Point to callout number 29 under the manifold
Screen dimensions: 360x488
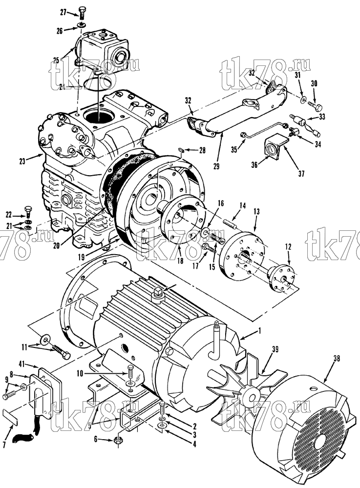[x=216, y=166]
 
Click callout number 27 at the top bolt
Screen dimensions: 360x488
[x=64, y=13]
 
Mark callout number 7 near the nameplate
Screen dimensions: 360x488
[x=4, y=446]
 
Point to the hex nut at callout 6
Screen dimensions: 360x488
[x=119, y=440]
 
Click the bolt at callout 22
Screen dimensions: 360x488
[x=28, y=212]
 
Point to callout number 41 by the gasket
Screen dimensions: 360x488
[x=32, y=364]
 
